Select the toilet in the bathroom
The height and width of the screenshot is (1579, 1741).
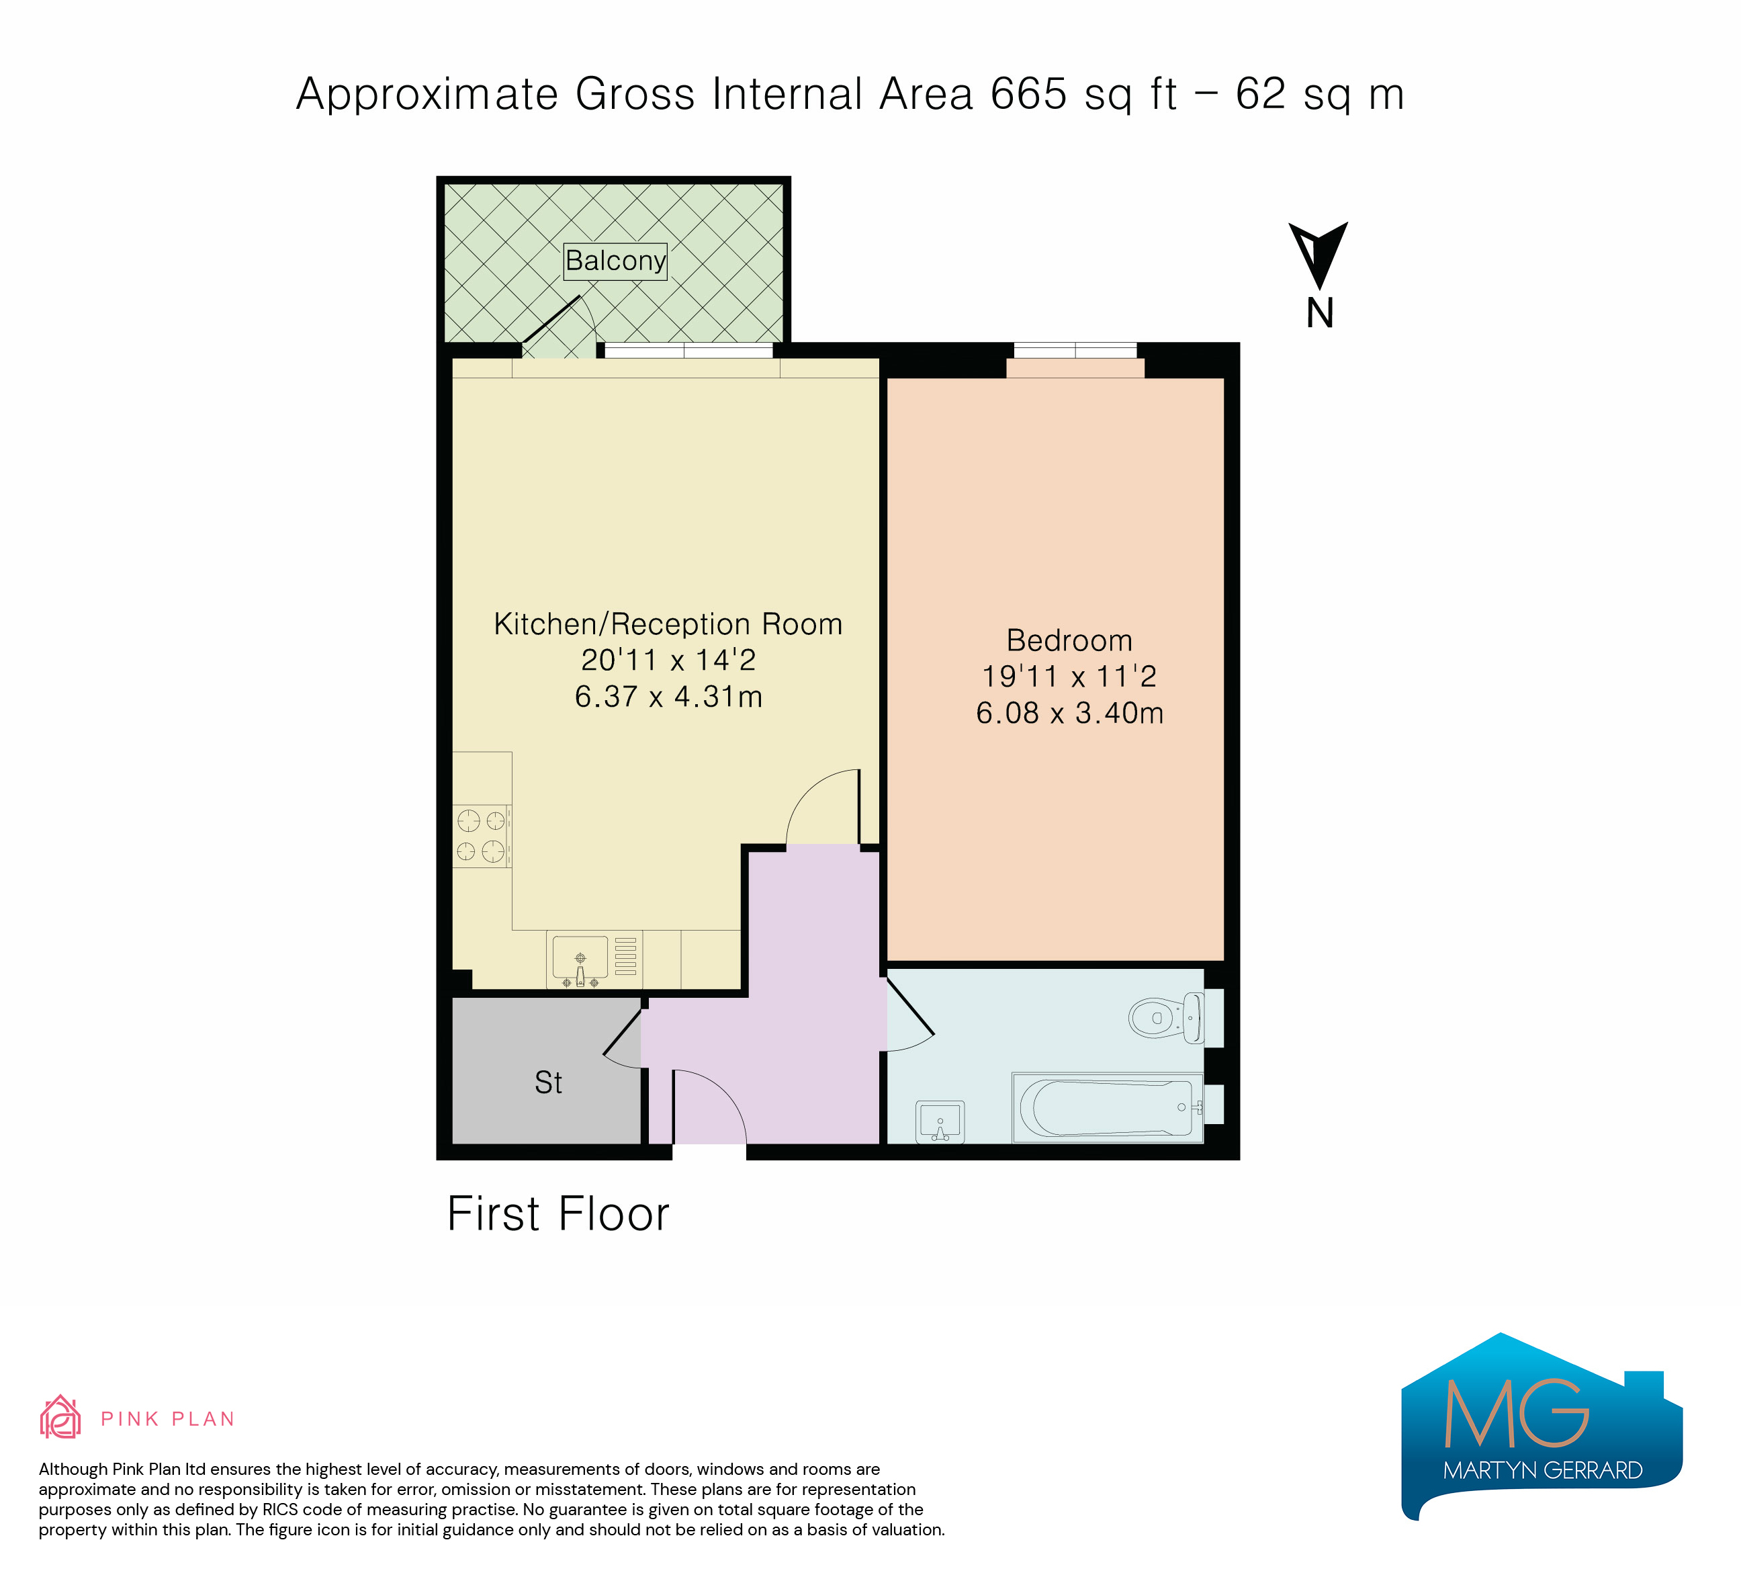(x=1167, y=1017)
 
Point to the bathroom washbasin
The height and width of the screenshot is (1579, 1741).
(x=940, y=1122)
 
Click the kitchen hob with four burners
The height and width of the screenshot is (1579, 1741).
(x=482, y=836)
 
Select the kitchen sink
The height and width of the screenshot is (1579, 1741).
(x=580, y=959)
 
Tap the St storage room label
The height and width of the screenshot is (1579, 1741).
(x=548, y=1083)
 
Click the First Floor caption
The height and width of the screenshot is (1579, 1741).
(x=558, y=1213)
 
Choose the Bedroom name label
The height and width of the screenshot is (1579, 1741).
(x=1069, y=640)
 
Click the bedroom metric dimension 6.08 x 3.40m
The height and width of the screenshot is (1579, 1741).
(x=1069, y=713)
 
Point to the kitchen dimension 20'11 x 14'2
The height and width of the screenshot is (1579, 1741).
(x=668, y=660)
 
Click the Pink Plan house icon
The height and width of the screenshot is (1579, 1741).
(x=60, y=1418)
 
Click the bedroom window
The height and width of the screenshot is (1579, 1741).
(x=1075, y=350)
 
